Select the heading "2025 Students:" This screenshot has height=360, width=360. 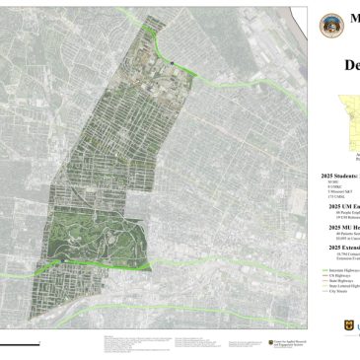click(x=340, y=176)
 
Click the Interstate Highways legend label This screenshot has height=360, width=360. click(x=342, y=268)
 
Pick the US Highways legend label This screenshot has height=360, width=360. click(x=339, y=274)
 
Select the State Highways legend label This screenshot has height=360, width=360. click(x=340, y=280)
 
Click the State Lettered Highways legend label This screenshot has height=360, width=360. click(x=343, y=286)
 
